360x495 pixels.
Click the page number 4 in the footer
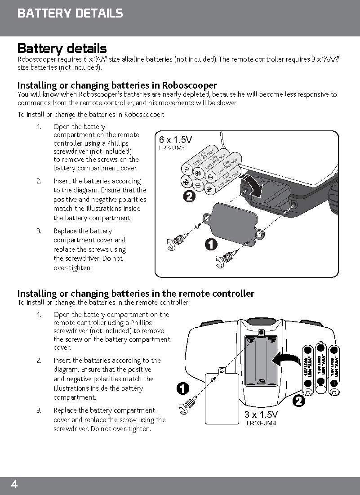[x=14, y=485]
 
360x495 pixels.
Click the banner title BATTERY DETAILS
[x=70, y=13]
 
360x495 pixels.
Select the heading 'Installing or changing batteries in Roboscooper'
[x=117, y=85]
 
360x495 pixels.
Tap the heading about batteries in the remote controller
[x=135, y=294]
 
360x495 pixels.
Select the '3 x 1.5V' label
[x=261, y=414]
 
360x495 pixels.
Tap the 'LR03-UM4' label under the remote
[x=261, y=423]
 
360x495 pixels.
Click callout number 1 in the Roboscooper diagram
[x=210, y=245]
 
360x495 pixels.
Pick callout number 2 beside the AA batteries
[x=190, y=197]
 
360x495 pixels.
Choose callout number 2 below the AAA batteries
[x=298, y=401]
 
